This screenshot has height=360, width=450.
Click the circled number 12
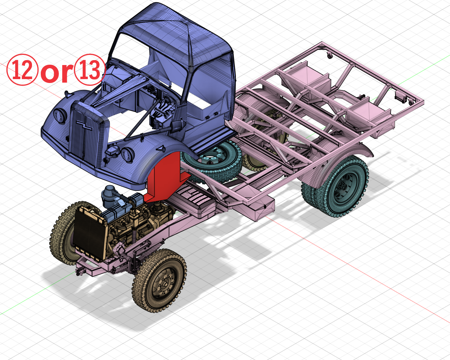(x=22, y=70)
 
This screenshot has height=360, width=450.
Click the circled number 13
(x=90, y=70)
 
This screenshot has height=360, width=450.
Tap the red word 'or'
(x=57, y=72)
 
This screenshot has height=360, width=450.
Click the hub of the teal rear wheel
(x=343, y=189)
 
